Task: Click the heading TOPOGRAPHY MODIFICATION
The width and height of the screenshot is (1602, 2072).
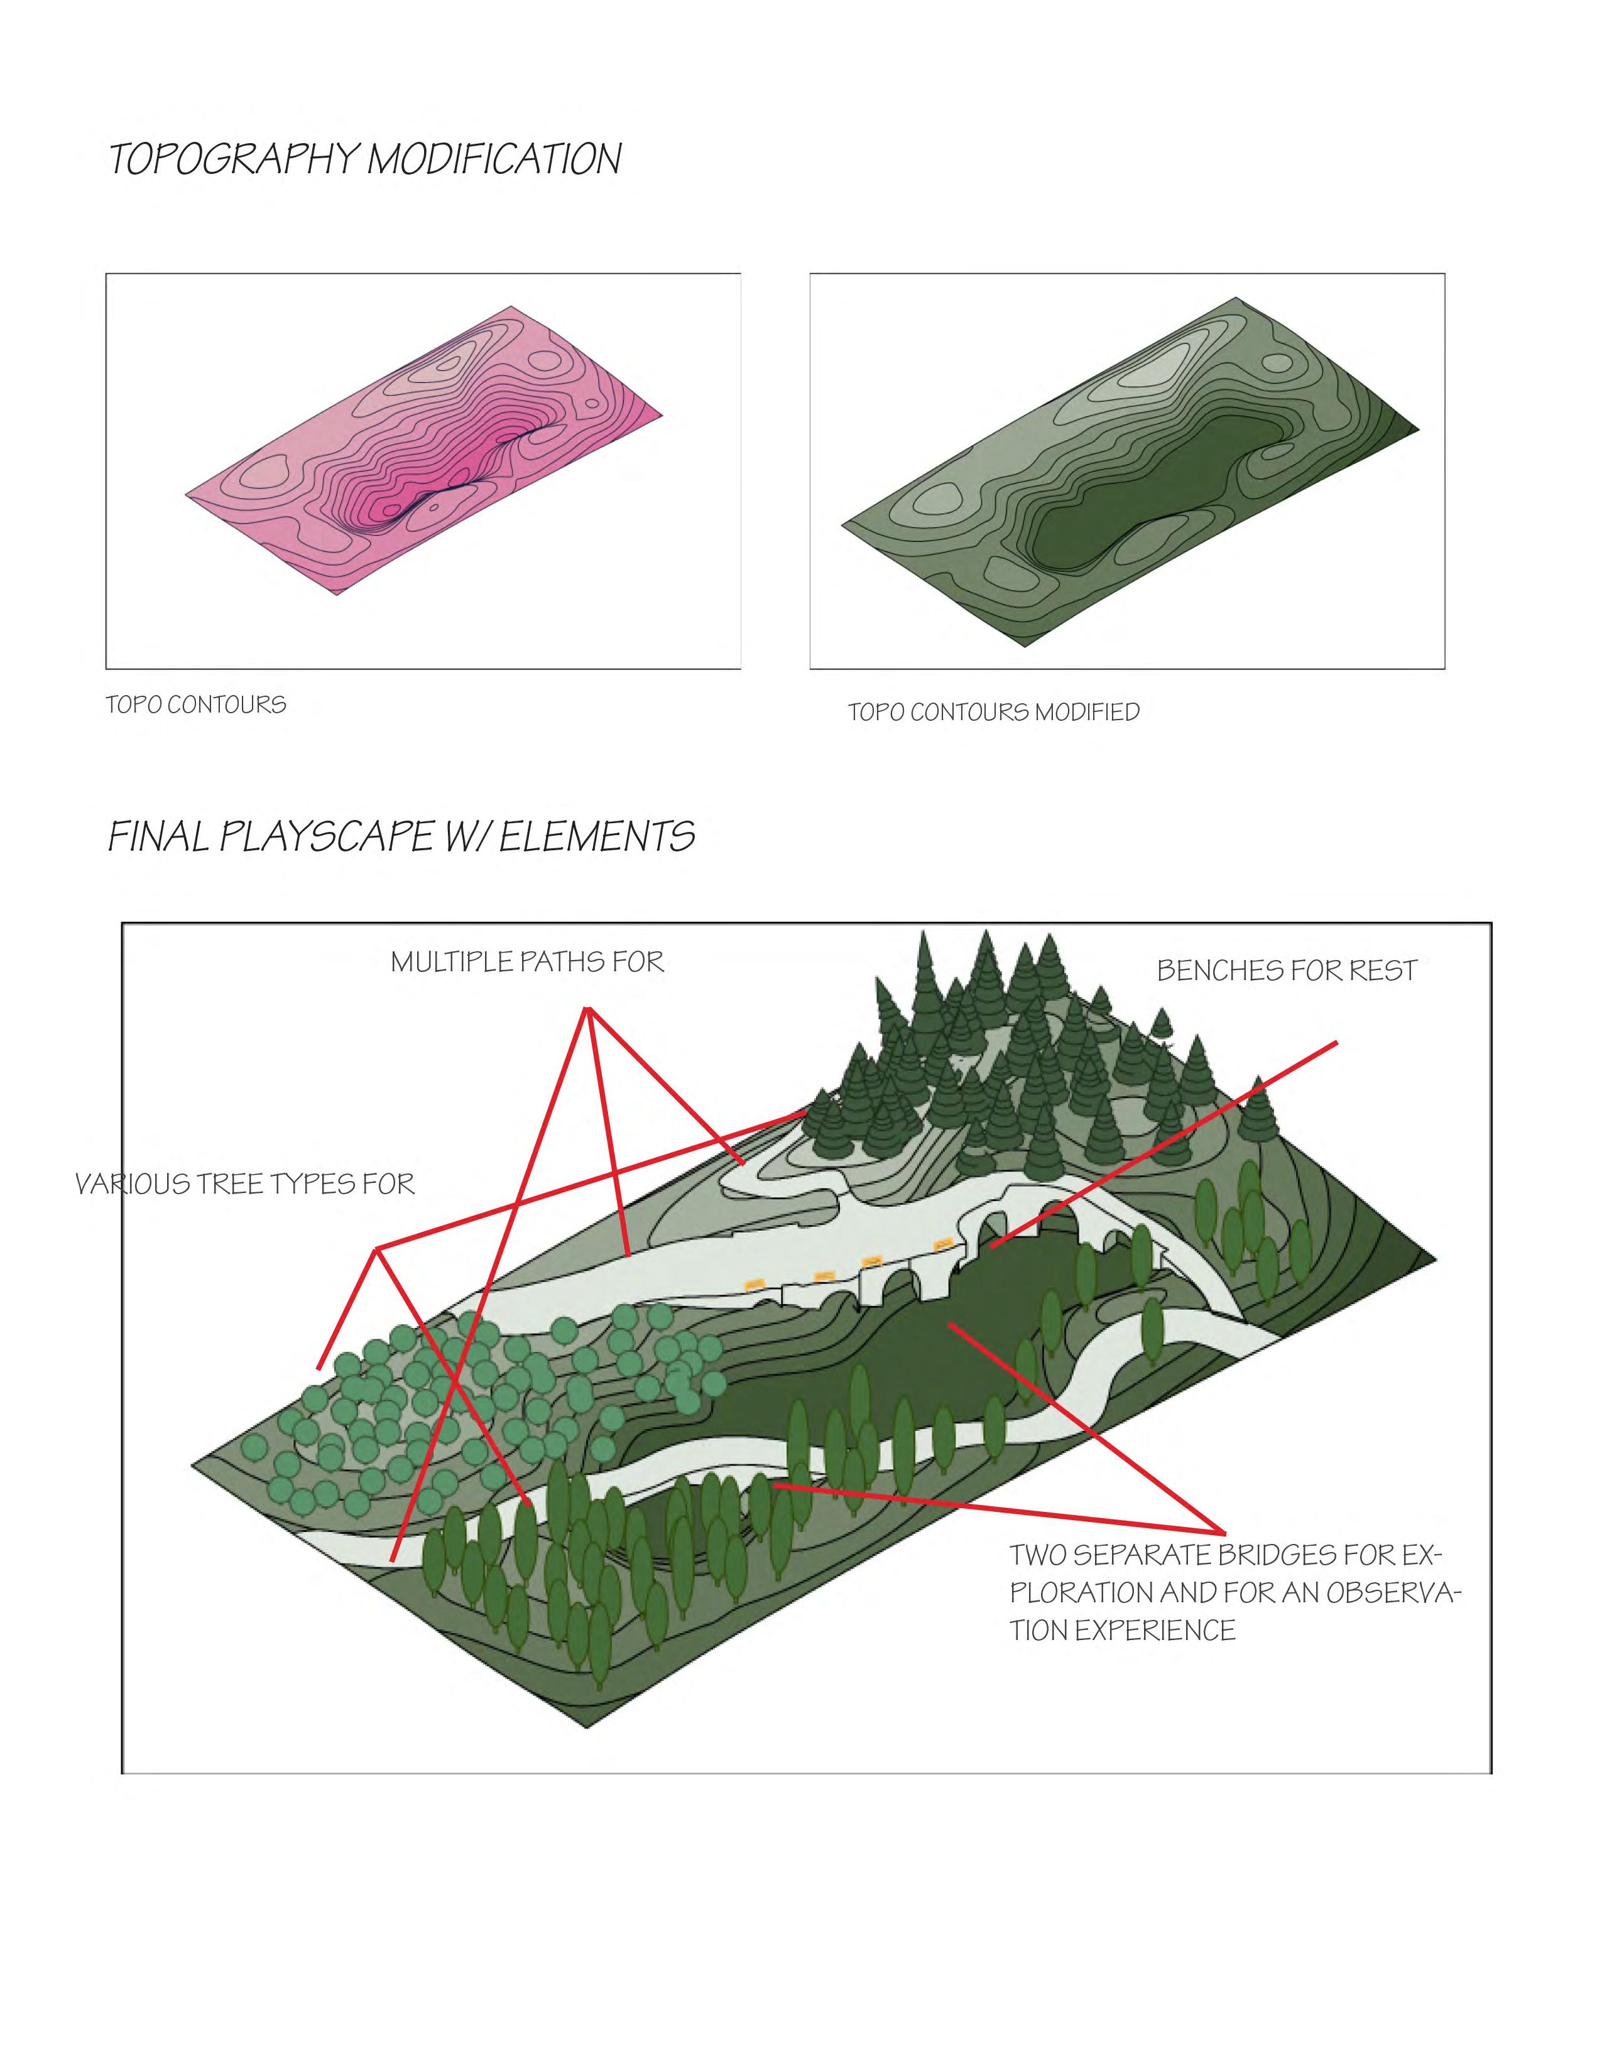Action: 366,159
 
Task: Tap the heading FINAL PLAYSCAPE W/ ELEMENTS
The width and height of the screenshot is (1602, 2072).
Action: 401,837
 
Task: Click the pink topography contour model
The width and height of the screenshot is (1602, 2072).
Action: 423,451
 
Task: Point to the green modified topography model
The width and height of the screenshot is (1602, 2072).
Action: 1130,470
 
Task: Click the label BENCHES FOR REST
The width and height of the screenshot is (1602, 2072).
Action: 1286,971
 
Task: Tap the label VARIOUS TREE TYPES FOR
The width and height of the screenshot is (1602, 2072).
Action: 245,1184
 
